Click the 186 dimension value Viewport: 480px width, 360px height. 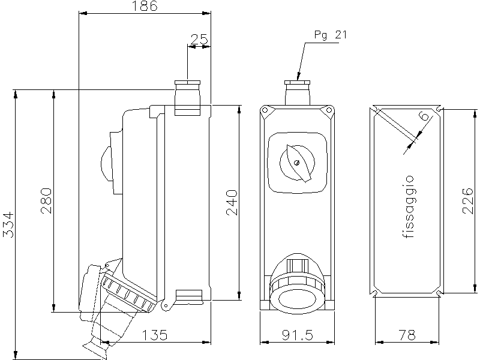145,7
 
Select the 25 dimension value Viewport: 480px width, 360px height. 199,40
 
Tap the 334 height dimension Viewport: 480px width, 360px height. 8,224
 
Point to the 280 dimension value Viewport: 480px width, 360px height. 46,201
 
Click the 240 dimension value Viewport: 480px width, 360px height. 232,203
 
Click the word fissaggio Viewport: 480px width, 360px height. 409,207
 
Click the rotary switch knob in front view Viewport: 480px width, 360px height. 296,162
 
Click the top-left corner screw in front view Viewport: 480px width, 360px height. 265,110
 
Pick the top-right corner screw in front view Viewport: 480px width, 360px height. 328,110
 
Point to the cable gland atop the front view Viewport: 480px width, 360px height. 297,90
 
